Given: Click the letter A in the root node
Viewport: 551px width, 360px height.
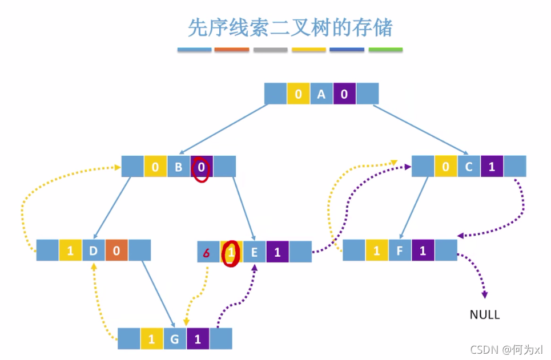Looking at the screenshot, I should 321,94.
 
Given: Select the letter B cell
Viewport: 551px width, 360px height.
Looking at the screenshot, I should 178,167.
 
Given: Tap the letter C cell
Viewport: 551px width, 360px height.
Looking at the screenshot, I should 469,167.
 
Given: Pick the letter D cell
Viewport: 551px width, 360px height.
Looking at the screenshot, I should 93,250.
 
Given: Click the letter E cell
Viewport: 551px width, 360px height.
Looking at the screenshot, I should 255,252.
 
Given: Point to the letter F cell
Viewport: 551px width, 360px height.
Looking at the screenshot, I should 400,250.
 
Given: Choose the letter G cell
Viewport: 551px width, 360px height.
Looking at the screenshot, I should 175,339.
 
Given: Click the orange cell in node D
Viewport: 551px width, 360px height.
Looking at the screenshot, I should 116,250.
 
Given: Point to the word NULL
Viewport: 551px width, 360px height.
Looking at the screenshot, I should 484,315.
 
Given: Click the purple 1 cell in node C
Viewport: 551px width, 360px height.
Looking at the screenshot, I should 492,167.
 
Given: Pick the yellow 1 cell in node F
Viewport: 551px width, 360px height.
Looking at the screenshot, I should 376,250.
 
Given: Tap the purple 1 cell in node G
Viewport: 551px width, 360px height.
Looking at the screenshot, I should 198,339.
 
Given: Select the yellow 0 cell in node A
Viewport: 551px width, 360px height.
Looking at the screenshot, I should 298,94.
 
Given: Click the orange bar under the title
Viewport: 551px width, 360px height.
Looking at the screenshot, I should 232,50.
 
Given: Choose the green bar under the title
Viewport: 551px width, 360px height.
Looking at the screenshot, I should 385,50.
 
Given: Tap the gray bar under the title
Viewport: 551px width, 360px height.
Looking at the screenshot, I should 270,50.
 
